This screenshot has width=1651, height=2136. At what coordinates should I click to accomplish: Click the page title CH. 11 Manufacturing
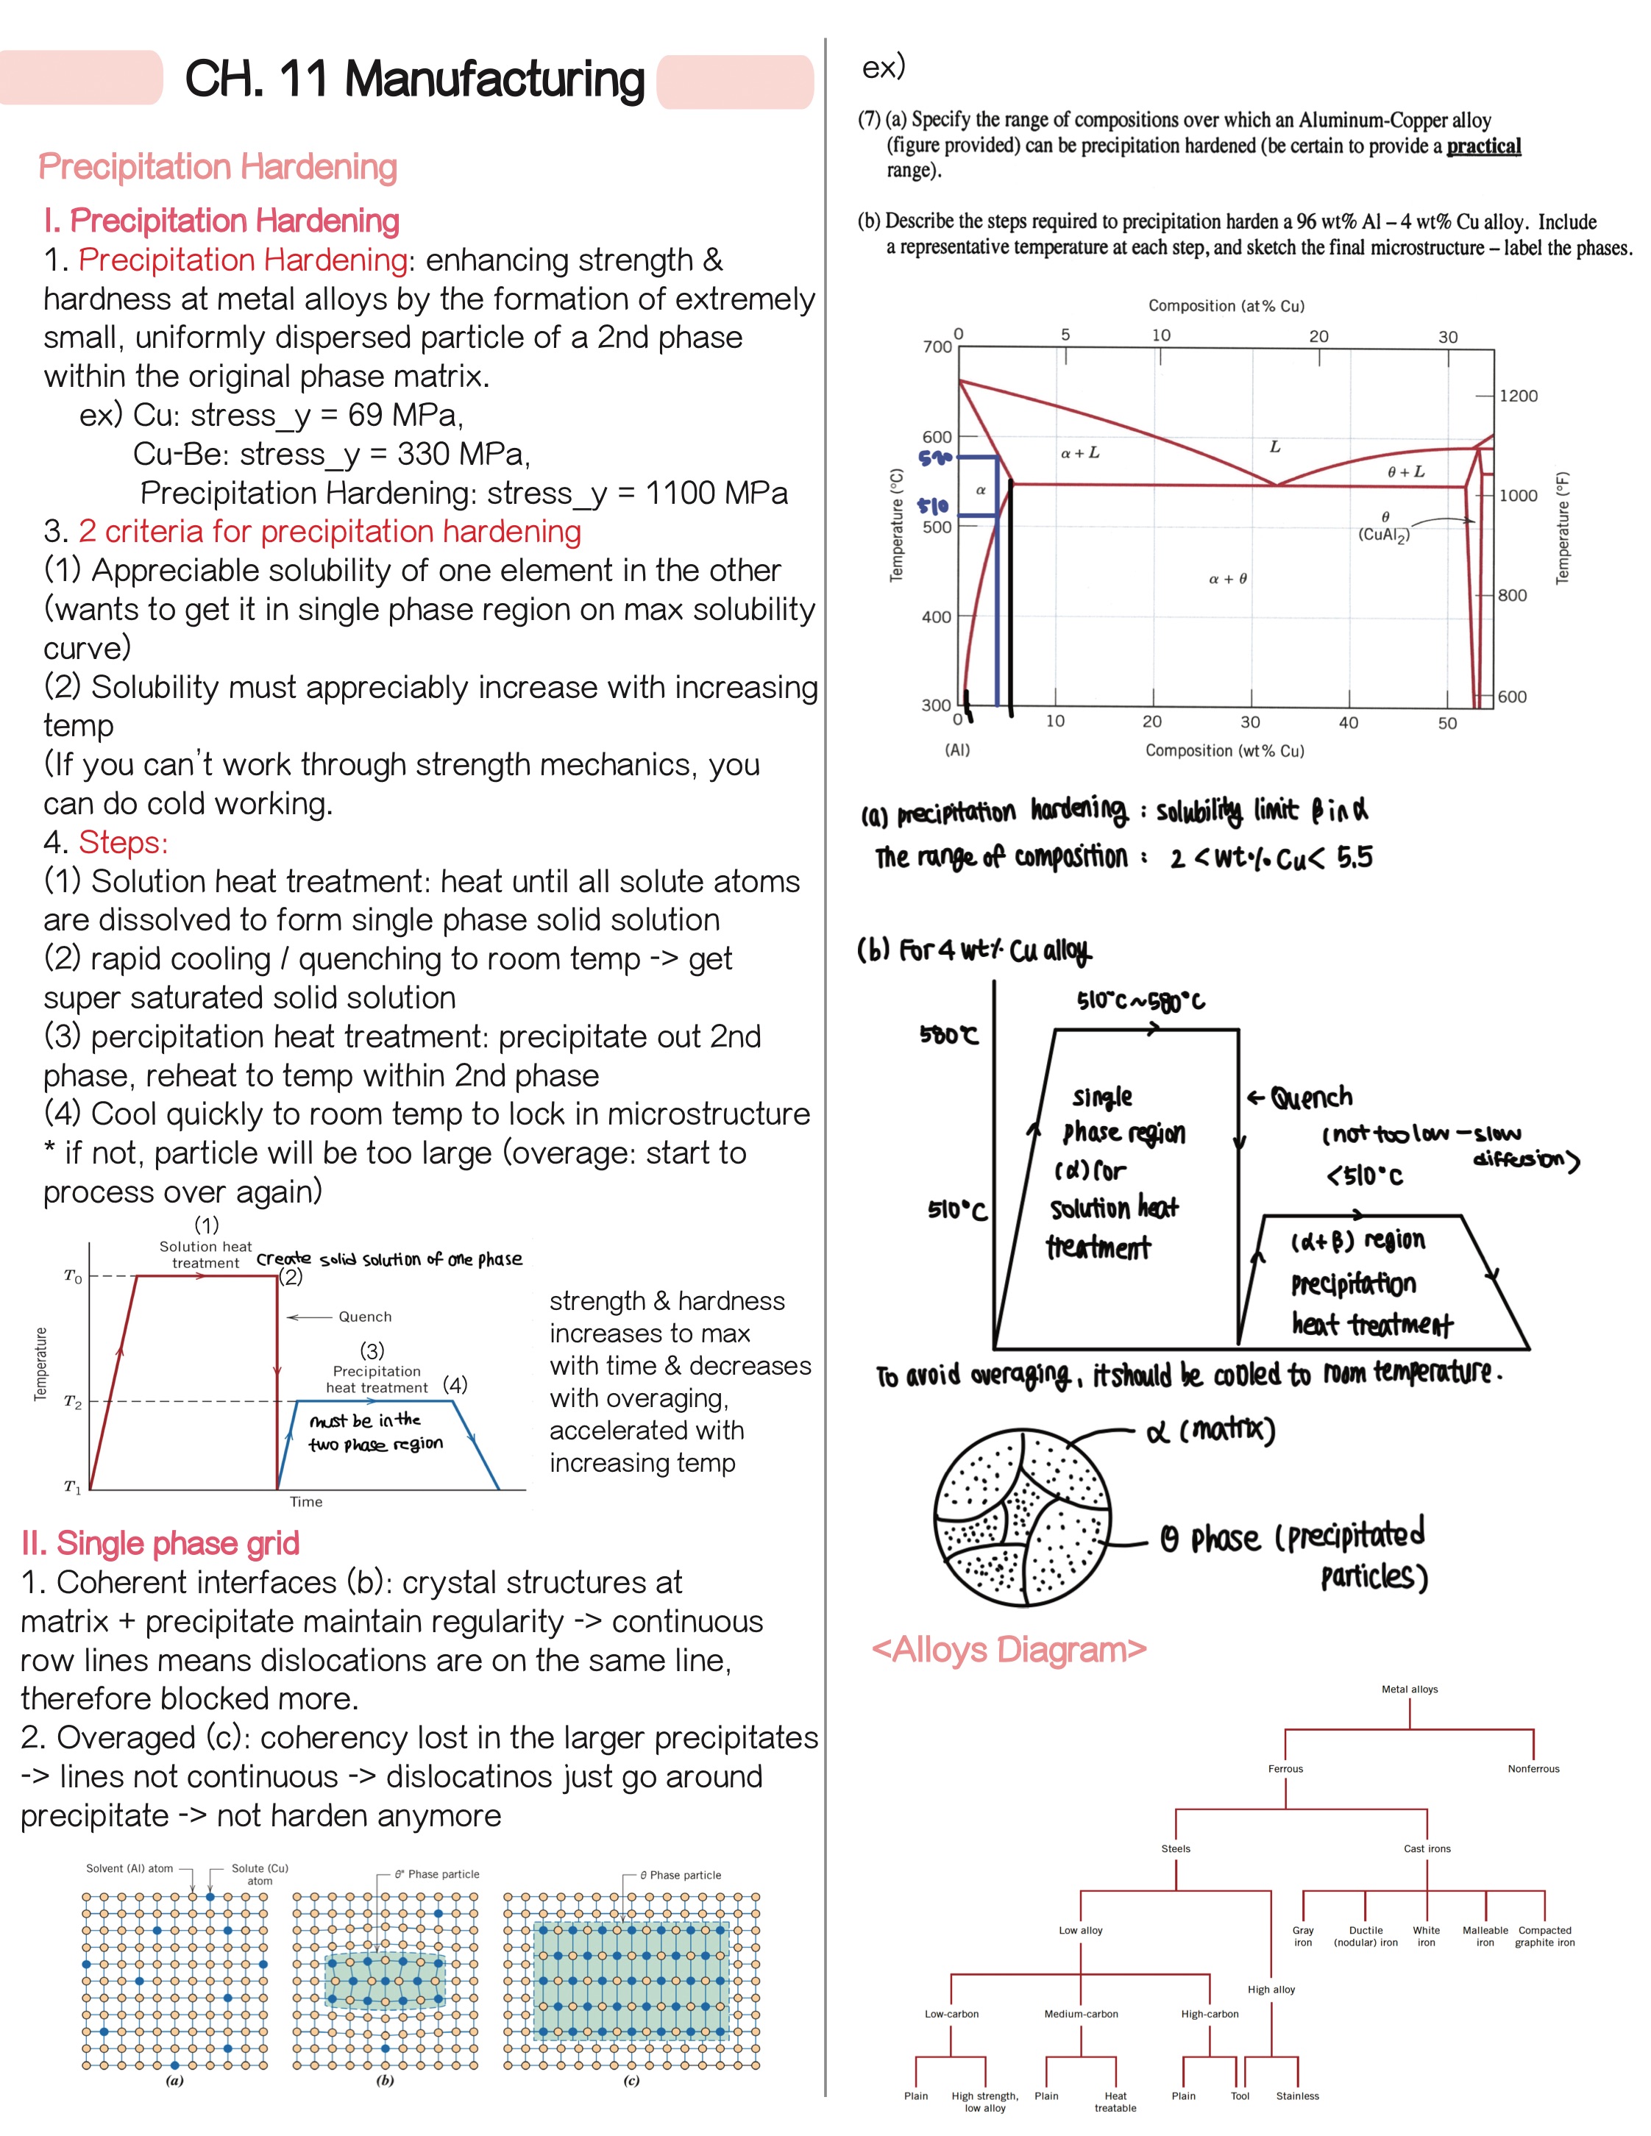[x=415, y=79]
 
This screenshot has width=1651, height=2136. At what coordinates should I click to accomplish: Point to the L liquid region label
[x=1274, y=447]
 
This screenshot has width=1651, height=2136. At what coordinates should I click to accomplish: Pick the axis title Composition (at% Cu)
[x=1226, y=306]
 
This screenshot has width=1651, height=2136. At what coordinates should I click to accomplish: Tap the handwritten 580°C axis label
[x=948, y=1035]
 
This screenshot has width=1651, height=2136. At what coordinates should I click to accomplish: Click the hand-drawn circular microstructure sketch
[x=1022, y=1518]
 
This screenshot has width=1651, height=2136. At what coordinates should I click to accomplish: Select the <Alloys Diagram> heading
[x=1009, y=1650]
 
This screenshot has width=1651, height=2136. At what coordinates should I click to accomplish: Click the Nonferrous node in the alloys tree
[x=1533, y=1768]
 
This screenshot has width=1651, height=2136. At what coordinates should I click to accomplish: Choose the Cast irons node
[x=1427, y=1848]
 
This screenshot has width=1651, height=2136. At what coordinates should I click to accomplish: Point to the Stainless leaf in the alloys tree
[x=1297, y=2096]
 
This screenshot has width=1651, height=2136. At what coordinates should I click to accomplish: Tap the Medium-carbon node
[x=1081, y=2014]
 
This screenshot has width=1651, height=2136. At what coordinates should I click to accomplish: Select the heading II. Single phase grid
[x=160, y=1543]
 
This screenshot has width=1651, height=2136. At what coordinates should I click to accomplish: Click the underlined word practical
[x=1484, y=146]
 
